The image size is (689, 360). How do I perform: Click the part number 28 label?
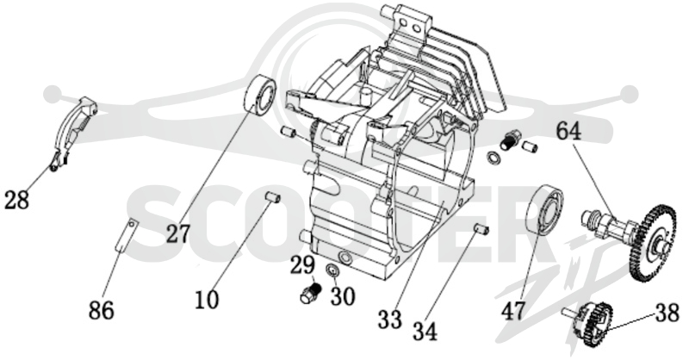click(x=16, y=200)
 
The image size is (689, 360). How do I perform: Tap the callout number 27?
click(x=178, y=233)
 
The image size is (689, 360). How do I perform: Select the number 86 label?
click(x=102, y=310)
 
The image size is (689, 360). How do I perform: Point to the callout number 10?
click(x=207, y=300)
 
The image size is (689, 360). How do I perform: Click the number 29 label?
click(x=302, y=265)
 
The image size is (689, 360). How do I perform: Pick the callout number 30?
click(x=342, y=296)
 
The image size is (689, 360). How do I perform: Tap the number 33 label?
click(x=390, y=320)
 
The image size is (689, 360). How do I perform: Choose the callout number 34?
click(x=425, y=332)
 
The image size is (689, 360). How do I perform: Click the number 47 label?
click(x=513, y=311)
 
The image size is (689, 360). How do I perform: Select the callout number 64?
click(x=569, y=132)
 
